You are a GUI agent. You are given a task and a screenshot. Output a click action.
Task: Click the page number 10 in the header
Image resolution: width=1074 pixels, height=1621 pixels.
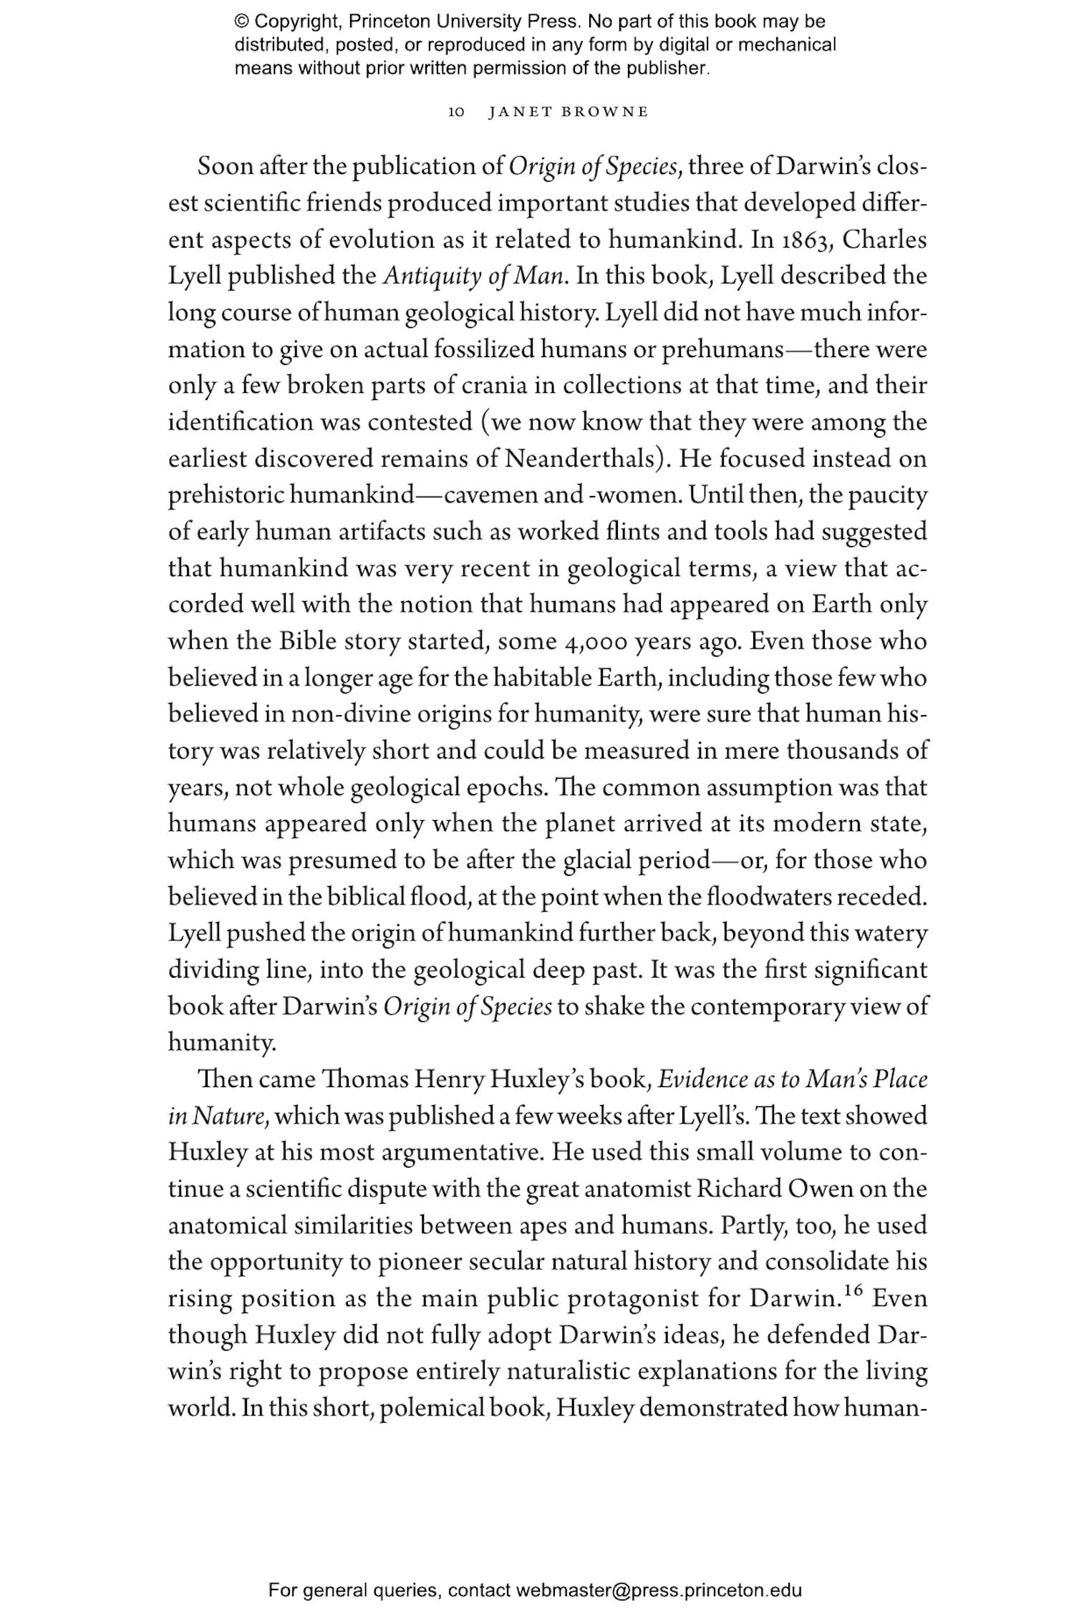(456, 112)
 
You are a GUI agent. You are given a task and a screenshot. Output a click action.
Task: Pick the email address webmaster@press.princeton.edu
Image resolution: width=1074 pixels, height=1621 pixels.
(658, 1590)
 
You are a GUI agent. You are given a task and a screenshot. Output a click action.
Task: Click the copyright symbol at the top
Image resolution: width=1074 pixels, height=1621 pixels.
(241, 21)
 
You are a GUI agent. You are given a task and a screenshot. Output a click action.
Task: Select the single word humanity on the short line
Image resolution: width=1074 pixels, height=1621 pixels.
(221, 1043)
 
